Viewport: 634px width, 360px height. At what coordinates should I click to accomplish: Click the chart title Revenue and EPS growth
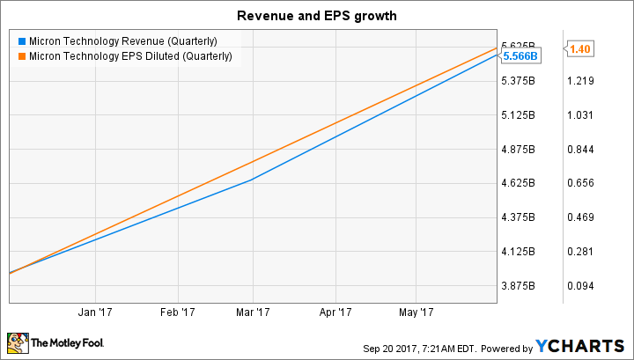click(x=316, y=15)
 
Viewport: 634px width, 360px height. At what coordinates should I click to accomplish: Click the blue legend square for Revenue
click(x=21, y=40)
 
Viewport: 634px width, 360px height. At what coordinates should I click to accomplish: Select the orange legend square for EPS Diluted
click(x=21, y=56)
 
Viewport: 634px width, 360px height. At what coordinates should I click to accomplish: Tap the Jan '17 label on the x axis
click(x=92, y=312)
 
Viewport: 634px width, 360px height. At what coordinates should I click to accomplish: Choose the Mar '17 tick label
click(x=253, y=312)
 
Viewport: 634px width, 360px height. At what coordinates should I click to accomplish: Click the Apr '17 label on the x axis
click(x=337, y=312)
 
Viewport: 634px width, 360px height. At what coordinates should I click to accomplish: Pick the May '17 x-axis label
click(x=417, y=312)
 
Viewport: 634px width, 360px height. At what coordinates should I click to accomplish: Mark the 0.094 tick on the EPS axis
click(x=581, y=286)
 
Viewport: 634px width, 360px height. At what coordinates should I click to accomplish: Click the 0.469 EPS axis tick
click(x=581, y=217)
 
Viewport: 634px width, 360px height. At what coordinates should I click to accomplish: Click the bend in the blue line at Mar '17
click(x=253, y=180)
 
